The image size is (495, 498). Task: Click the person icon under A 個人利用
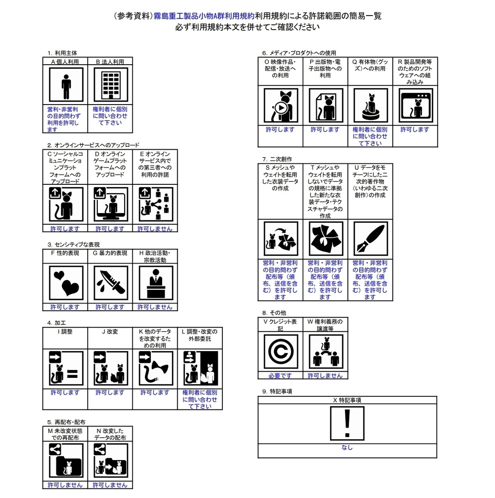click(66, 85)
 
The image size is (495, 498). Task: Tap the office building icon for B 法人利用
click(110, 85)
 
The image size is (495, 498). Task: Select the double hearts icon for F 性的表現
click(66, 283)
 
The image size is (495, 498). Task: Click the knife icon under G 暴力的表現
click(110, 283)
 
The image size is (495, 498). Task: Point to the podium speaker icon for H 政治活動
click(156, 283)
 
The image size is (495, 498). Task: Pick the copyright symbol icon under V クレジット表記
click(281, 351)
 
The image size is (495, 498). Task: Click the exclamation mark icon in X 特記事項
click(347, 424)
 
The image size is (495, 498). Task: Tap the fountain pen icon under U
click(371, 238)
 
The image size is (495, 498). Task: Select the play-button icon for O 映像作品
click(281, 106)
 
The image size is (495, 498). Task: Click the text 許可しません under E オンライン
click(155, 229)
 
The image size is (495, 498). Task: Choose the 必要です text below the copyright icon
click(280, 375)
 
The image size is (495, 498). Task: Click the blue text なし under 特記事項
click(347, 447)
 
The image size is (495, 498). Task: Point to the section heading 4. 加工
click(56, 323)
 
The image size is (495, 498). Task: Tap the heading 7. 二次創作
click(277, 159)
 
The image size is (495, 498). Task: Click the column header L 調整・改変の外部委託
click(200, 335)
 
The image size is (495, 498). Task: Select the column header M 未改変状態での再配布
click(65, 434)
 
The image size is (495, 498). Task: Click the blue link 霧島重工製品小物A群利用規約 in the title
click(204, 16)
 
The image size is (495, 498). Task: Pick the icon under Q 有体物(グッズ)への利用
click(371, 106)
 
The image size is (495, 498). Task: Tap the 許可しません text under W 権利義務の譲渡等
click(325, 375)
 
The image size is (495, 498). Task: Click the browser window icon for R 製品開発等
click(416, 106)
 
